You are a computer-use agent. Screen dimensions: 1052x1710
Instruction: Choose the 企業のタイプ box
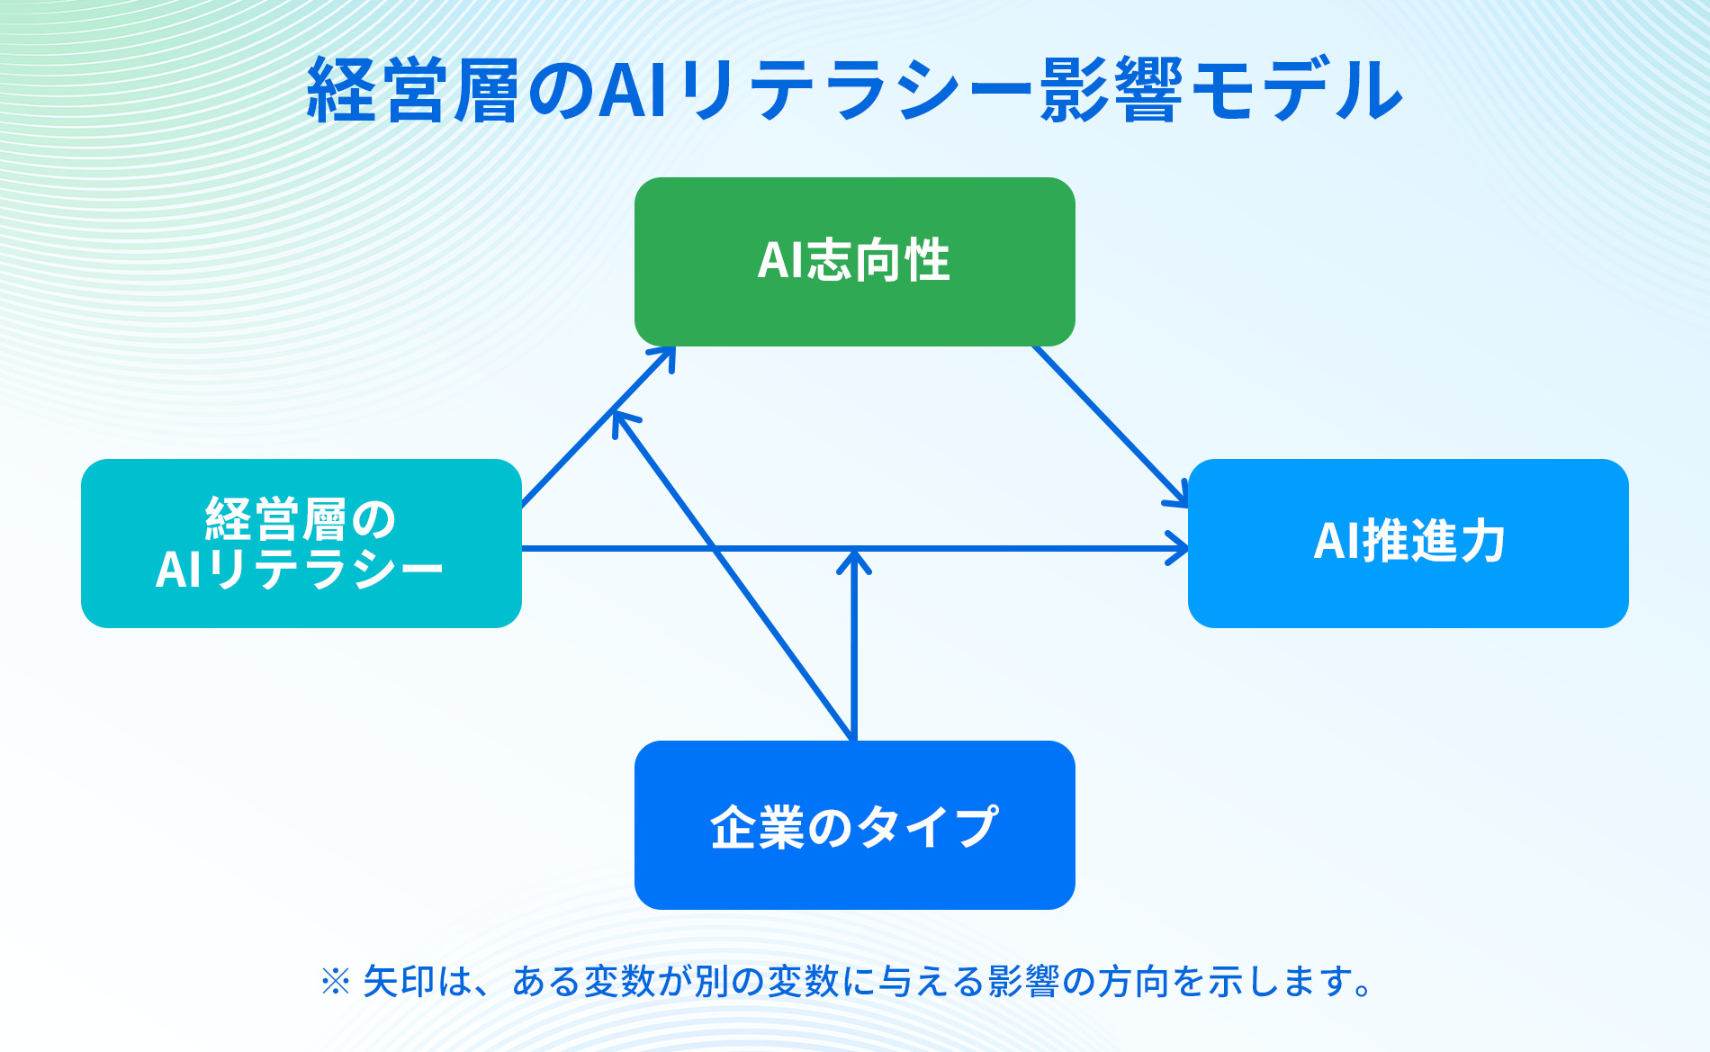pos(855,877)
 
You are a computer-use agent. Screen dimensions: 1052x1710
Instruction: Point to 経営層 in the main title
pos(414,90)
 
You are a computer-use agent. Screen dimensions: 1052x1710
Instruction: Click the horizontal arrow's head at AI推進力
pos(1179,548)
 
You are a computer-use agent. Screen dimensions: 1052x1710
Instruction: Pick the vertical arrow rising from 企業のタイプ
pos(853,657)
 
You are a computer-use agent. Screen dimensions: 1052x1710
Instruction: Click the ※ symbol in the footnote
pos(335,982)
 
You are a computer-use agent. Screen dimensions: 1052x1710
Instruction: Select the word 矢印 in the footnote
pos(399,982)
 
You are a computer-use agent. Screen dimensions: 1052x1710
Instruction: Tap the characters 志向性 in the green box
pos(877,260)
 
